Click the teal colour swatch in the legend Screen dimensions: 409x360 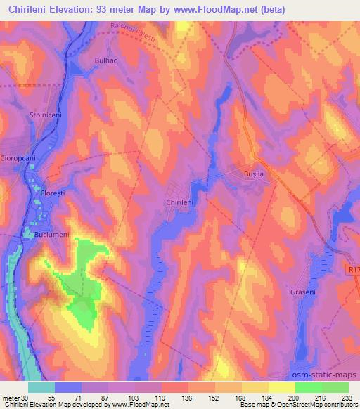(41, 387)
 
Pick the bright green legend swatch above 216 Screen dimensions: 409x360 (308, 387)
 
